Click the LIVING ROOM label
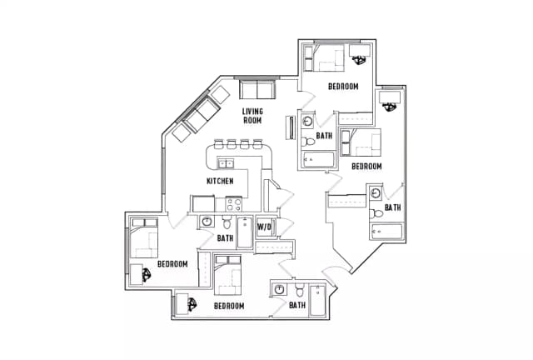pyautogui.click(x=252, y=116)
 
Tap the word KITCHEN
pyautogui.click(x=220, y=181)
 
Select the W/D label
pyautogui.click(x=264, y=227)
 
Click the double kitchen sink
pyautogui.click(x=226, y=163)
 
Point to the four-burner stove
pyautogui.click(x=234, y=204)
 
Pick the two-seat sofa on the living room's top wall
pyautogui.click(x=257, y=90)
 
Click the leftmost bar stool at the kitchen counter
pyautogui.click(x=218, y=144)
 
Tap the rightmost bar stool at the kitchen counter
pyautogui.click(x=257, y=144)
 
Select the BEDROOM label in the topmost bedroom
pyautogui.click(x=343, y=87)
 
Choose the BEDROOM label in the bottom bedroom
pyautogui.click(x=229, y=306)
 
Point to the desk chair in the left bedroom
pyautogui.click(x=147, y=275)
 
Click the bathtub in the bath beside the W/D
pyautogui.click(x=245, y=232)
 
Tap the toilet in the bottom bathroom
pyautogui.click(x=299, y=290)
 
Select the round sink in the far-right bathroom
pyautogui.click(x=376, y=193)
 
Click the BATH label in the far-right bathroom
pyautogui.click(x=393, y=207)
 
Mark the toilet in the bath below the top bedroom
pyautogui.click(x=309, y=141)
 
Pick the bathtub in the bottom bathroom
pyautogui.click(x=317, y=301)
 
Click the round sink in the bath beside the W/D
pyautogui.click(x=207, y=222)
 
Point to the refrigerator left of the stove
pyautogui.click(x=203, y=203)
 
